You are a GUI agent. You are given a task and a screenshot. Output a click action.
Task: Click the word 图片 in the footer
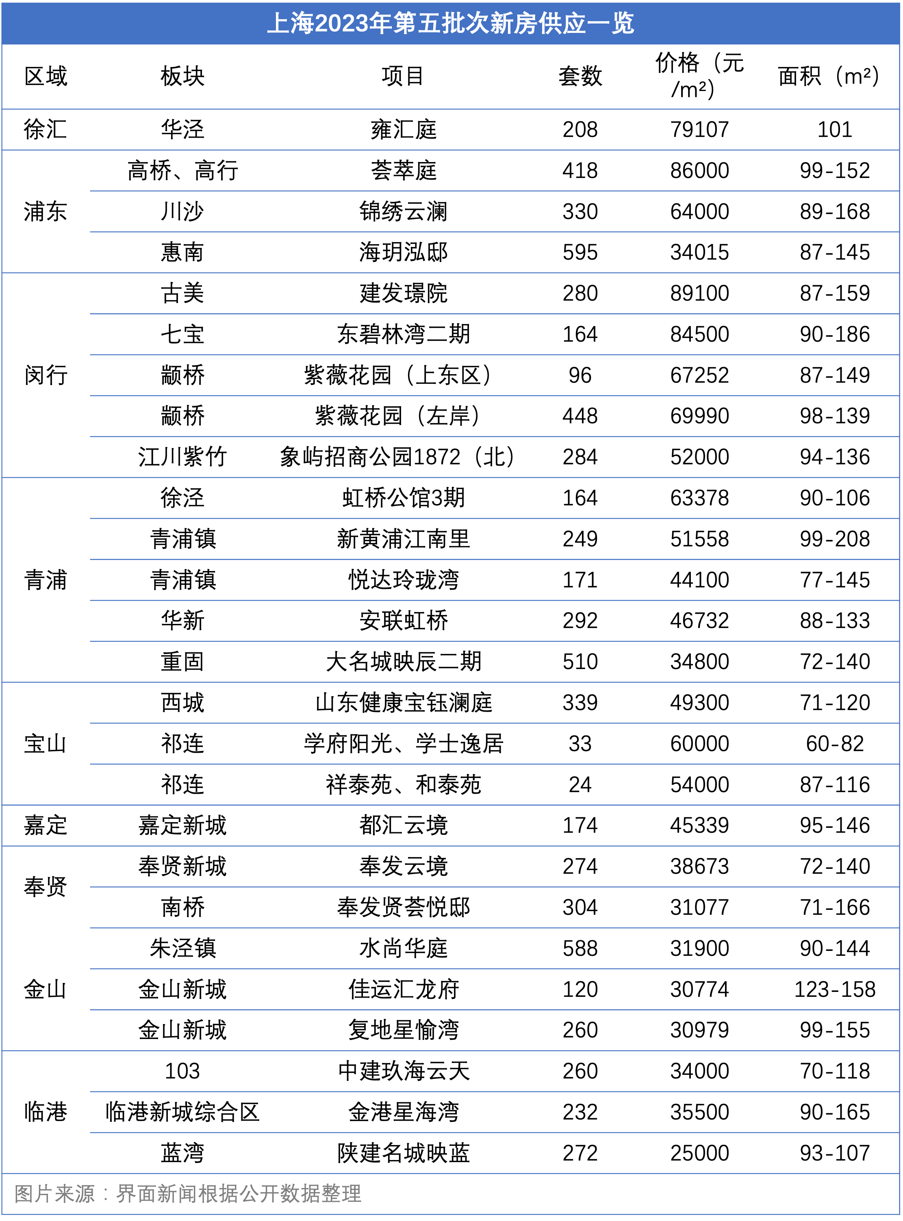[34, 1194]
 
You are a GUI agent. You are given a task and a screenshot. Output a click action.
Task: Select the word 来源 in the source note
[75, 1194]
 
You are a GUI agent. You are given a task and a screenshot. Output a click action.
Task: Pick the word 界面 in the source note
[137, 1194]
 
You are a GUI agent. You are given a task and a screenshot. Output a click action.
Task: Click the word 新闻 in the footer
[178, 1194]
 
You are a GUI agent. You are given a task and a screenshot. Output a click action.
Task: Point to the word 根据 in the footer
[219, 1194]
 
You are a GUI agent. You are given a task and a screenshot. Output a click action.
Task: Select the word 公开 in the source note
[260, 1194]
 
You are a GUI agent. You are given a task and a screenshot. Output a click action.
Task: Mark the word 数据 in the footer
[300, 1194]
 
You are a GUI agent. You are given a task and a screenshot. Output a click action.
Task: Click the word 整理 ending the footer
[341, 1194]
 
